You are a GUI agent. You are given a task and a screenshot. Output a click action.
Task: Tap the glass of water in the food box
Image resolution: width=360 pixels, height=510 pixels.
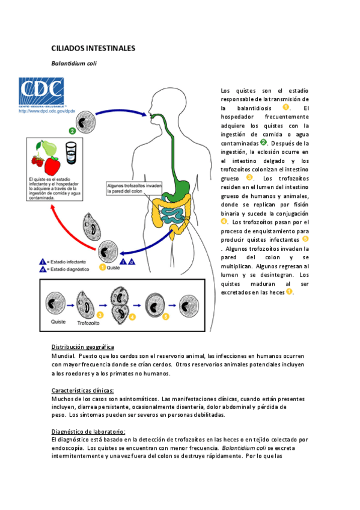tap(70, 152)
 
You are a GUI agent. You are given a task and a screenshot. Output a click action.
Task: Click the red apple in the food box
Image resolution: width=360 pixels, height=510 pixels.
tap(53, 164)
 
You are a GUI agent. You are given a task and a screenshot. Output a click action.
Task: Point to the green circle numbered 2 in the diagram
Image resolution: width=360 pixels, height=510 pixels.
tap(72, 131)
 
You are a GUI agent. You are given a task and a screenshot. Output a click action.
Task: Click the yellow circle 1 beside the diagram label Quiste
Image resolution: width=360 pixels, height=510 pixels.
tap(102, 267)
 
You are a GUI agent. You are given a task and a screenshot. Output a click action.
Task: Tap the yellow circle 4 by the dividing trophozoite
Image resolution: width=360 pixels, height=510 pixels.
tap(132, 316)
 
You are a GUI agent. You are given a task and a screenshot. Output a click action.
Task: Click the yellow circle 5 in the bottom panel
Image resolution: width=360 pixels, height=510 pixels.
tap(166, 316)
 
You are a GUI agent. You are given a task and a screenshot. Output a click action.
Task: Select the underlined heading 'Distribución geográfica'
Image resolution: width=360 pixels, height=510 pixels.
tap(82, 348)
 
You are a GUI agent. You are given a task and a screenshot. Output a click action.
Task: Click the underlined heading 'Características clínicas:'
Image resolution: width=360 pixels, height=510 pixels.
tap(82, 390)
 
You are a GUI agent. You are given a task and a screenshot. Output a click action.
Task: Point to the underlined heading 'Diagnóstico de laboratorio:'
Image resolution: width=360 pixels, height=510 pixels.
tap(88, 432)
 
